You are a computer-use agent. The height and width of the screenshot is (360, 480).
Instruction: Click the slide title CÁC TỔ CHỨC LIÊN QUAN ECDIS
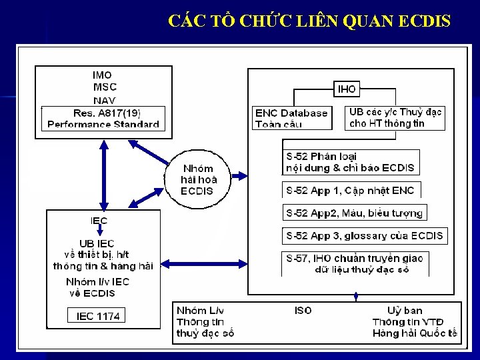[309, 21]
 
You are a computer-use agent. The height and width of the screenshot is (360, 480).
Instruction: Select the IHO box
[347, 89]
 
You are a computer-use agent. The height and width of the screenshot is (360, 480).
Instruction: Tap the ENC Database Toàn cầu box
[292, 118]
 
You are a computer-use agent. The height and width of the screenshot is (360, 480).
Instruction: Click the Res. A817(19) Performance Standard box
[103, 118]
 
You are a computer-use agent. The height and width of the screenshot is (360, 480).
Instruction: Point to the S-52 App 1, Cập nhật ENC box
[351, 190]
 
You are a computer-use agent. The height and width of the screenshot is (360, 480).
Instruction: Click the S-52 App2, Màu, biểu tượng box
[355, 213]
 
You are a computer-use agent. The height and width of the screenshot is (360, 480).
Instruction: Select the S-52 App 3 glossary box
[364, 236]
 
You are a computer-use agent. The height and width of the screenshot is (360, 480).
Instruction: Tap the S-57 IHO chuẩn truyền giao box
[354, 263]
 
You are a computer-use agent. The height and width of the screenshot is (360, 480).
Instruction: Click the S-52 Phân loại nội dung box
[351, 162]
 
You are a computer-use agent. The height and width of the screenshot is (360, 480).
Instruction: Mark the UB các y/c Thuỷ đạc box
[395, 118]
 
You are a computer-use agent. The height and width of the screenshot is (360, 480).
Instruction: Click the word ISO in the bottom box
[303, 311]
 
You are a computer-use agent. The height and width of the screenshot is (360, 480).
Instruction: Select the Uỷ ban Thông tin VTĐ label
[414, 322]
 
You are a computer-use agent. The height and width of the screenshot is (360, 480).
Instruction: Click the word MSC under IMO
[105, 87]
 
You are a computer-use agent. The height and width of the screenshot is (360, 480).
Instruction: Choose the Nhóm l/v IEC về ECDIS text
[97, 287]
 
